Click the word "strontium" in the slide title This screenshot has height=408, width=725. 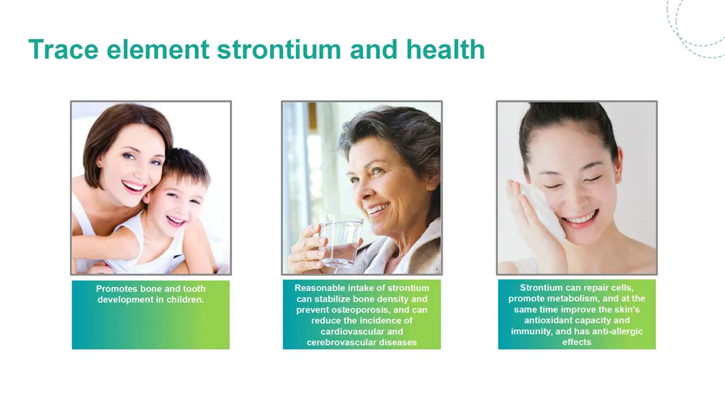point(279,49)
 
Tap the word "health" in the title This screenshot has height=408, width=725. point(445,49)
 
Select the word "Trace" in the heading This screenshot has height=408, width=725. point(64,49)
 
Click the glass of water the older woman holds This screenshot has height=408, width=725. point(341,241)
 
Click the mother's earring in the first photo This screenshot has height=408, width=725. point(98,164)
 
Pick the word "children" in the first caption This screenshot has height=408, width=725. point(185,300)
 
